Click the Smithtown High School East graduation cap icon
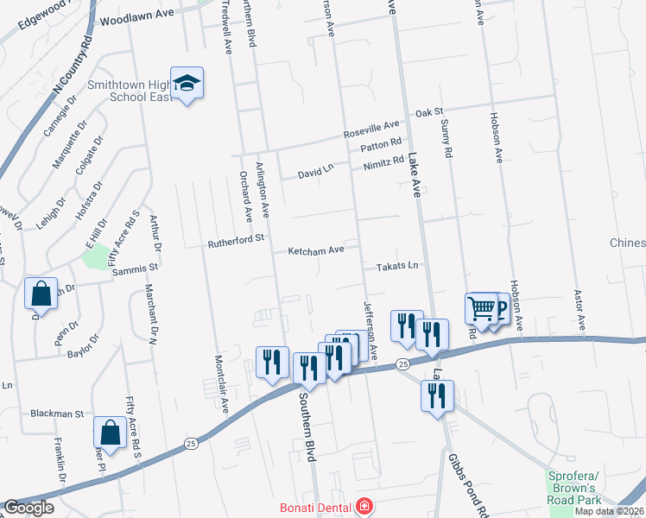pyautogui.click(x=187, y=83)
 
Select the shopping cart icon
pyautogui.click(x=481, y=306)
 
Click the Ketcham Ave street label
pyautogui.click(x=316, y=250)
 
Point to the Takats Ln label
pyautogui.click(x=396, y=268)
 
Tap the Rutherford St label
pyautogui.click(x=235, y=243)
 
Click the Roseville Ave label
pyautogui.click(x=371, y=130)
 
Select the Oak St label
pyautogui.click(x=428, y=112)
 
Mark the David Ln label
pyautogui.click(x=315, y=172)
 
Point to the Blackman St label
pyautogui.click(x=59, y=414)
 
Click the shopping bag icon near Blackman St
pyautogui.click(x=111, y=430)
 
